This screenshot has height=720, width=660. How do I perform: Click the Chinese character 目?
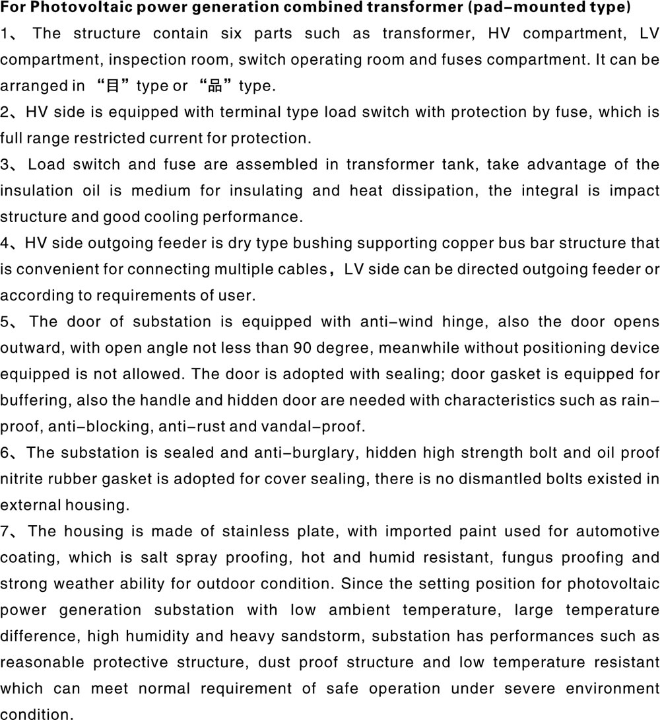tap(115, 87)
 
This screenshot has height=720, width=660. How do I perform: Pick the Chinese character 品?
tap(214, 87)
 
